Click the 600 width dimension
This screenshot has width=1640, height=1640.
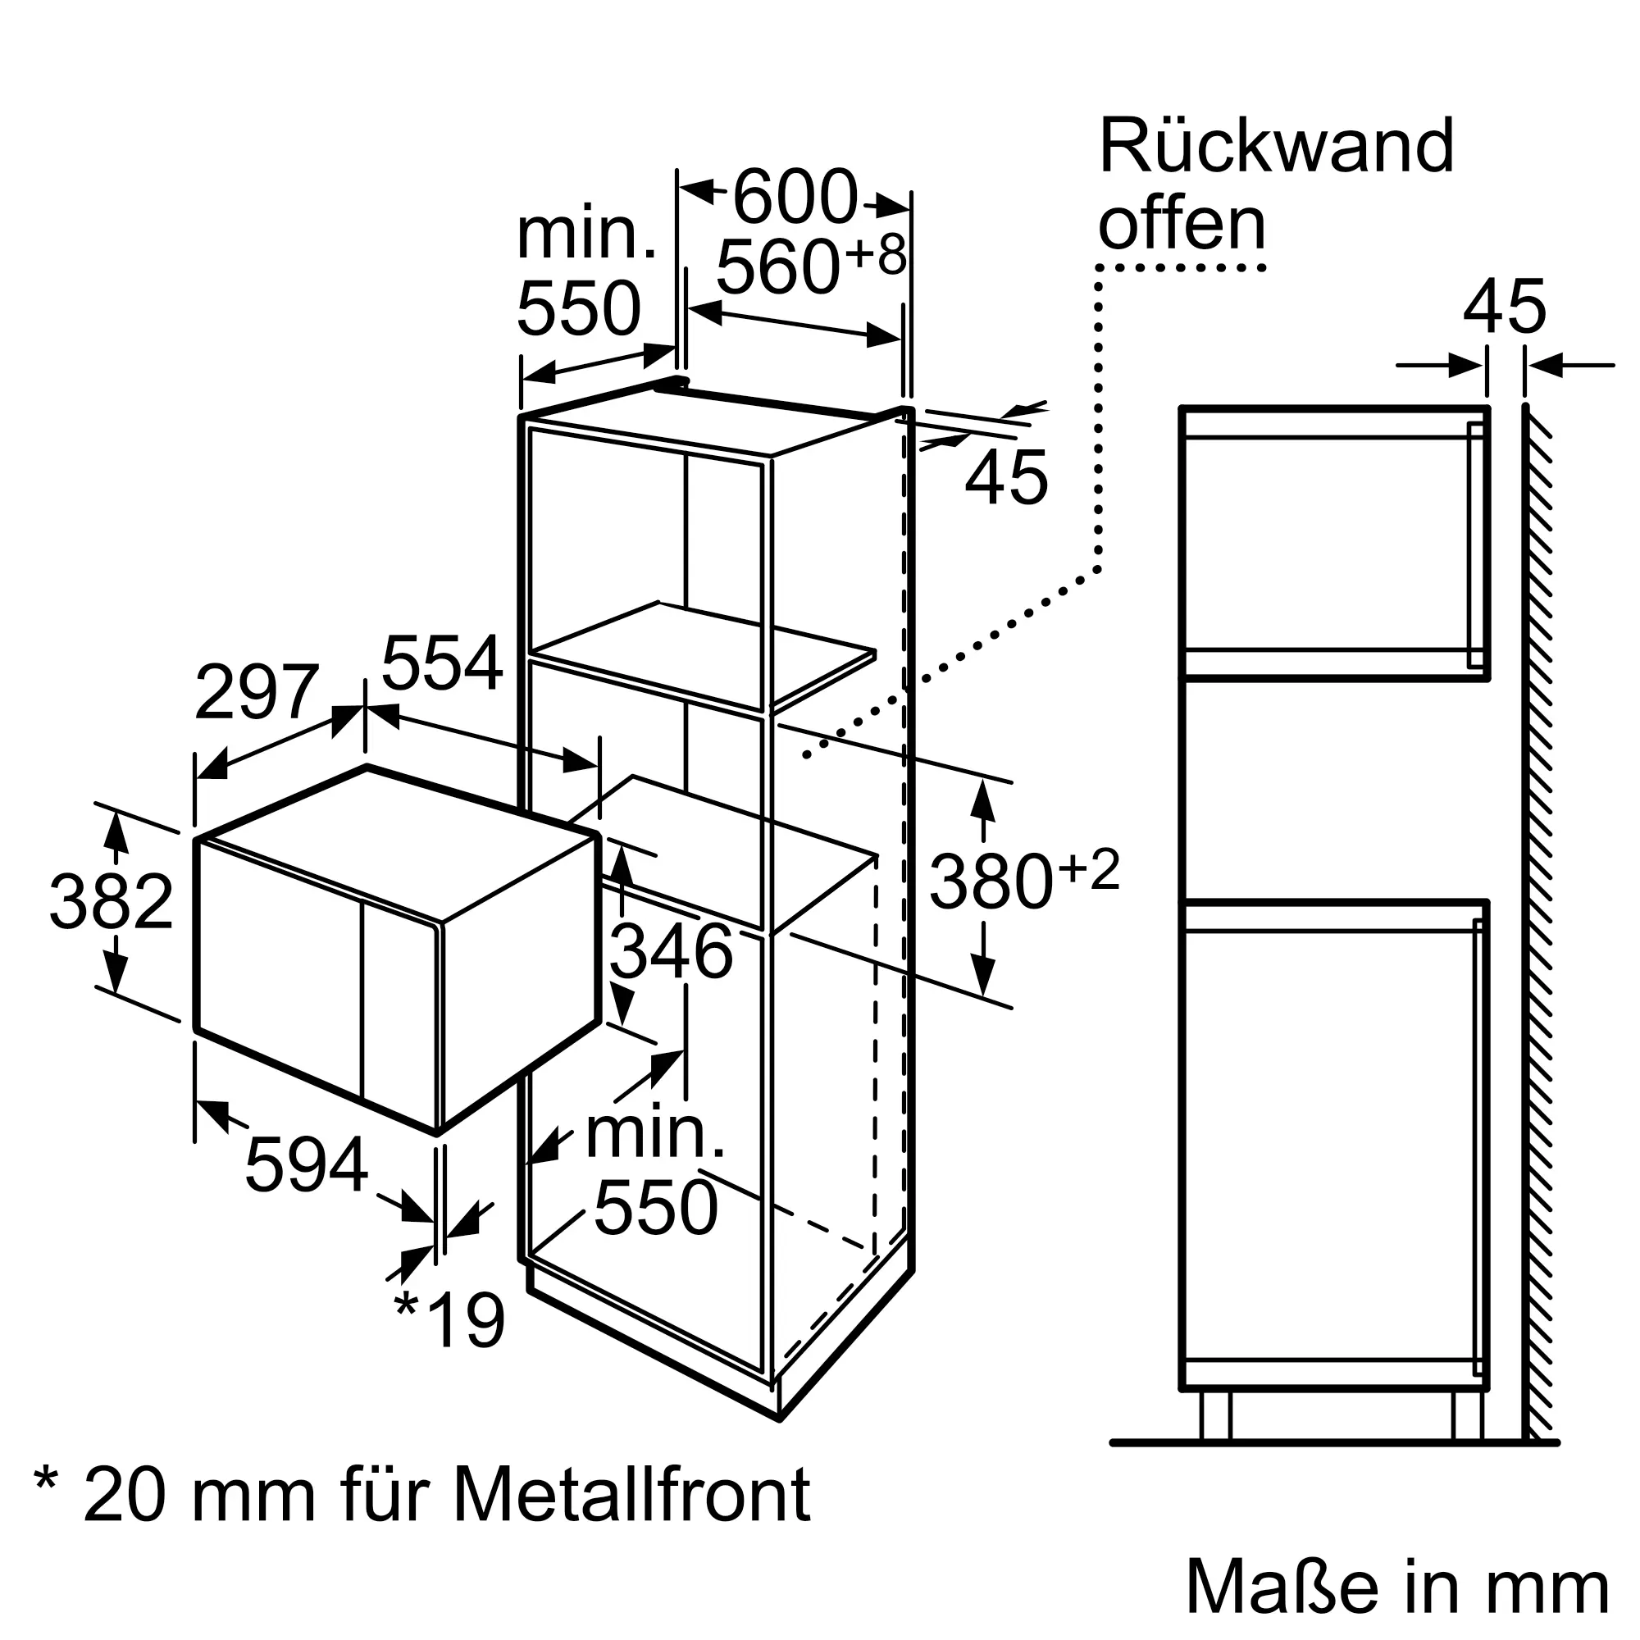click(x=795, y=197)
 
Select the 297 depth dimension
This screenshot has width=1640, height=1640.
click(x=257, y=693)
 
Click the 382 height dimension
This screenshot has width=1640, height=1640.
click(x=112, y=901)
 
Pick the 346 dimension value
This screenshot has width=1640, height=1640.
click(x=671, y=951)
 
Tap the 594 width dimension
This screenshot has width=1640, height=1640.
click(x=307, y=1164)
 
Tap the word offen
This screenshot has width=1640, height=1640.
click(x=1182, y=223)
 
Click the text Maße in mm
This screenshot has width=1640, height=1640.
click(x=1397, y=1586)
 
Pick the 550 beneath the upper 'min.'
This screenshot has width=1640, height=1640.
click(x=579, y=308)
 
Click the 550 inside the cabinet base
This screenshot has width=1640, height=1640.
click(x=656, y=1207)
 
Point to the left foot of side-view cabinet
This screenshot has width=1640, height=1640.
click(x=1215, y=1415)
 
